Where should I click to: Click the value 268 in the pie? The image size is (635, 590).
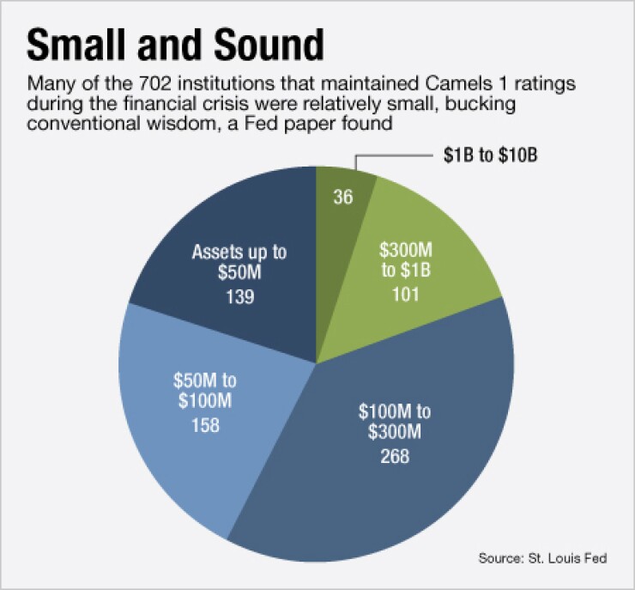(395, 456)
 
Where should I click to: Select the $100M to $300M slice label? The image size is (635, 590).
(395, 420)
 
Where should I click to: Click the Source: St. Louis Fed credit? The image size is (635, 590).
(541, 558)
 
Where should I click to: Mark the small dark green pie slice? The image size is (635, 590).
(343, 215)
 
